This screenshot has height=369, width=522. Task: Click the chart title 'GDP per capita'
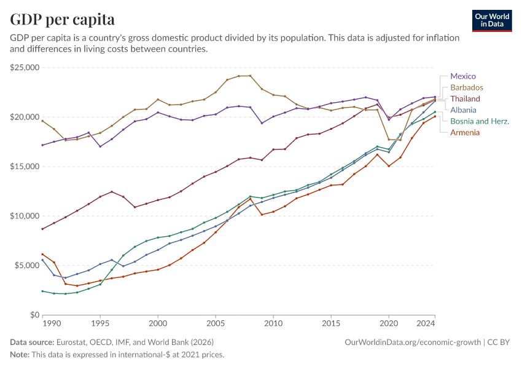[x=62, y=20]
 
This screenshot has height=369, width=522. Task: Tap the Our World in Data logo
[x=491, y=20]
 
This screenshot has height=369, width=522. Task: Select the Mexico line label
[x=463, y=76]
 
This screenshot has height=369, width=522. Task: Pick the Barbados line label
[x=467, y=87]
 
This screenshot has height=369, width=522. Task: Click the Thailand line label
[x=465, y=98]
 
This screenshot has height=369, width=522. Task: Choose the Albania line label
[x=463, y=109]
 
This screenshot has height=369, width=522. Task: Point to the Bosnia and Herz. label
[x=480, y=121]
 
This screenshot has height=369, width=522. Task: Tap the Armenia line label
[x=465, y=132]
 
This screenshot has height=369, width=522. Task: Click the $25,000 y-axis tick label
[x=25, y=68]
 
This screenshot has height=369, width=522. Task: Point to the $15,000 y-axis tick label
[x=25, y=167]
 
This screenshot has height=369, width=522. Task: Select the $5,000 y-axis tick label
[x=26, y=266]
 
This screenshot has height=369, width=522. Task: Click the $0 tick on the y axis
[x=35, y=315]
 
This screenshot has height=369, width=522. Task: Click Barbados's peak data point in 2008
[x=250, y=76]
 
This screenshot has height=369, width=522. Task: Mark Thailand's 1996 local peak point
[x=112, y=191]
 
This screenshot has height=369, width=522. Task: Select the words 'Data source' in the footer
[x=31, y=342]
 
